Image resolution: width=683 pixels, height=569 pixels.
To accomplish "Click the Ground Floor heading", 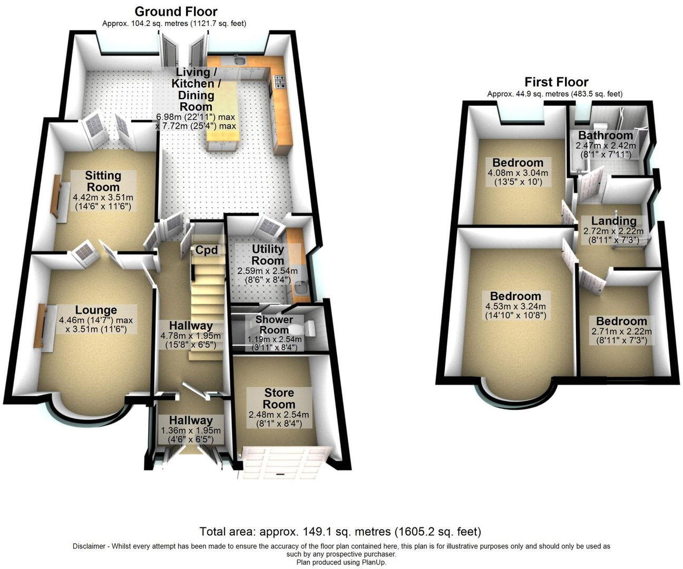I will point(175,12).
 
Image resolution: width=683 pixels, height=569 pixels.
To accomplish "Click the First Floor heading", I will point(556,82).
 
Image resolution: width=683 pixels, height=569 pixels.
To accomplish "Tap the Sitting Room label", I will point(103,181).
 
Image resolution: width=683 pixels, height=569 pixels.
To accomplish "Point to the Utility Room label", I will point(268,254).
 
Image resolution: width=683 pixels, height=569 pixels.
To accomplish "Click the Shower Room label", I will point(274,325).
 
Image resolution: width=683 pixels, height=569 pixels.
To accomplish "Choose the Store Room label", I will point(279,399).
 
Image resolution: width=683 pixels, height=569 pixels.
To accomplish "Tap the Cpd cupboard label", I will point(207,250).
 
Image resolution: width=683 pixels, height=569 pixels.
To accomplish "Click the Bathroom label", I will point(606,135).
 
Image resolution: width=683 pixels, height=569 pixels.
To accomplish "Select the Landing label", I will point(613,221).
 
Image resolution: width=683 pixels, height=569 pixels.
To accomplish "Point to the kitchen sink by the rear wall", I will point(240,61).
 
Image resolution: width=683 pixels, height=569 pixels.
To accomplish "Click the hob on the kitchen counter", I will point(279,82).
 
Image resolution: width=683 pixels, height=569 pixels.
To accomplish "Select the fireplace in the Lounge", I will point(40,325).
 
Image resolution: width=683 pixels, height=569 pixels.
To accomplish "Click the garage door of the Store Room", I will point(285,462).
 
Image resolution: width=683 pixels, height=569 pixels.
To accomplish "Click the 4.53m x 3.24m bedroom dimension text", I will point(515,307).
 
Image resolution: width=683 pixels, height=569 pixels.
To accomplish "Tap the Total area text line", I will point(340,531).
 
